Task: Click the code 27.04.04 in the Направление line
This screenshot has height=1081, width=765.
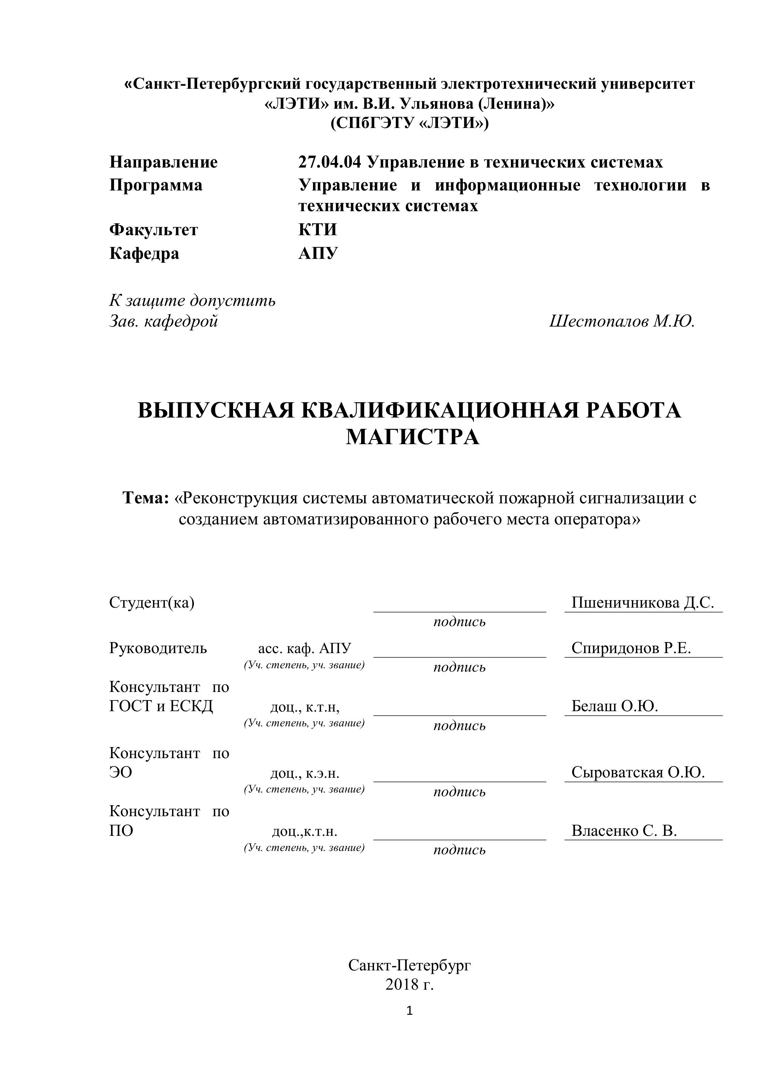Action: [x=329, y=162]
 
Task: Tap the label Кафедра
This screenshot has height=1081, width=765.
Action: [x=144, y=254]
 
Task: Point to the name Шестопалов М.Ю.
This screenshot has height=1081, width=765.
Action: [x=622, y=322]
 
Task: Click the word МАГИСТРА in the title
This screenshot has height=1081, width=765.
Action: [x=412, y=438]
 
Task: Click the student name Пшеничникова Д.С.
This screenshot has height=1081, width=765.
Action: [x=643, y=603]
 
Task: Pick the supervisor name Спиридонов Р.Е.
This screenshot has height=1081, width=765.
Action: [x=631, y=648]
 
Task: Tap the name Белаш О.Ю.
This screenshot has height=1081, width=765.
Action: [x=614, y=706]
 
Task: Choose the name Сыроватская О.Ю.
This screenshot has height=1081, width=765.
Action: [x=638, y=772]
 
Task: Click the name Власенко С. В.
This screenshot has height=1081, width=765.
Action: [x=624, y=831]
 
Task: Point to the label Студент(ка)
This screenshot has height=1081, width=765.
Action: [x=152, y=603]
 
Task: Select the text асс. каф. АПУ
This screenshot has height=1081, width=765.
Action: [x=304, y=649]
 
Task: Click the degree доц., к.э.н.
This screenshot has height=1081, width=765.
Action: [x=304, y=773]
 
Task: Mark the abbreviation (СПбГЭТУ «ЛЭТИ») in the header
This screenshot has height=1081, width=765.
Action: [x=410, y=124]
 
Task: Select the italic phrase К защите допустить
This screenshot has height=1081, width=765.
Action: [x=192, y=300]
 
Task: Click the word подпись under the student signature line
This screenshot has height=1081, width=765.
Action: [x=459, y=622]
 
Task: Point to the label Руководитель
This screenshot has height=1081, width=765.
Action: [x=158, y=648]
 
